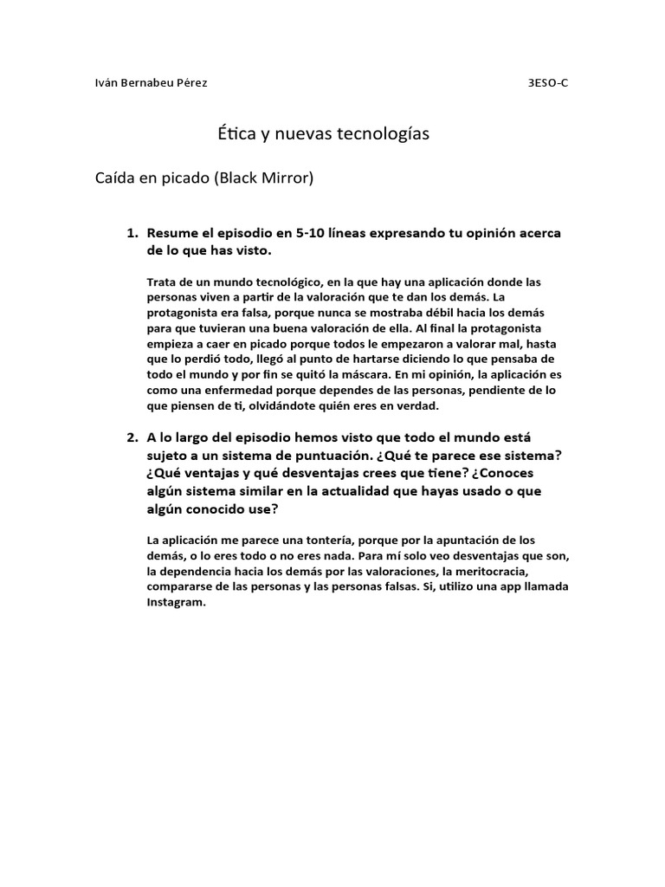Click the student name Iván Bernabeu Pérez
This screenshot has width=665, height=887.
coord(150,83)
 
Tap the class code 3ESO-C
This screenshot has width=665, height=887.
coord(549,83)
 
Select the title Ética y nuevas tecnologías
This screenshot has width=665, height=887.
coord(323,134)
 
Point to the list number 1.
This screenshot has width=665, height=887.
coord(132,234)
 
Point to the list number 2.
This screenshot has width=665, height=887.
coord(132,437)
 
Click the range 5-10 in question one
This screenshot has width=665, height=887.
coord(313,234)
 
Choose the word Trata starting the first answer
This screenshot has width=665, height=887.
coord(162,282)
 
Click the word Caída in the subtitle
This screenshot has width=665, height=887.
coord(115,179)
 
